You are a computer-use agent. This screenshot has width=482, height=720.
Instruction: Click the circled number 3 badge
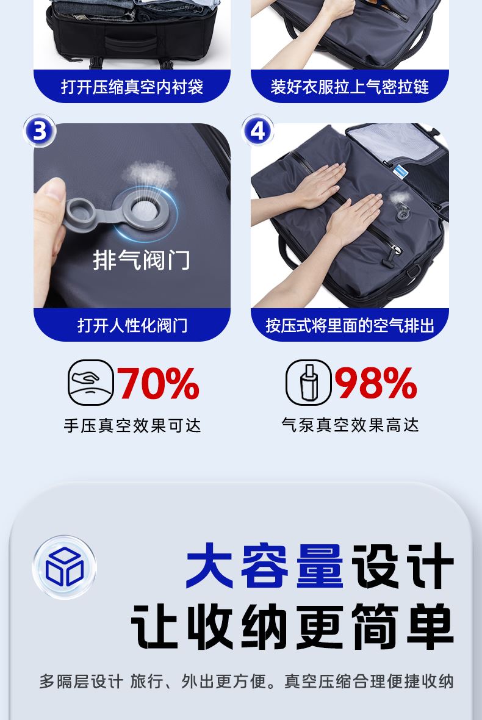[40, 131]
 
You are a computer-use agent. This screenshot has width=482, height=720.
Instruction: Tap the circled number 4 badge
[257, 131]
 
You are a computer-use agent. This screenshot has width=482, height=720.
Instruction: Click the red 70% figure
[158, 383]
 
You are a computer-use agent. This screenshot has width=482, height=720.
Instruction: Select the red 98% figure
[375, 383]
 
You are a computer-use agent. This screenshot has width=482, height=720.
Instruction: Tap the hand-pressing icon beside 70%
[90, 383]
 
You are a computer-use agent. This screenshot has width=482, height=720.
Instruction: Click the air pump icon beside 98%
[309, 383]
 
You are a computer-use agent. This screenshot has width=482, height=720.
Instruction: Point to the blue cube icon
[64, 567]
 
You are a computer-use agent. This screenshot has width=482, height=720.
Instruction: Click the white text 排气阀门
[142, 260]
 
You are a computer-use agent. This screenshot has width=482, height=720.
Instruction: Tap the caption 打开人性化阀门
[132, 325]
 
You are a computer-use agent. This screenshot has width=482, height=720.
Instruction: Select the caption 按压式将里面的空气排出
[350, 325]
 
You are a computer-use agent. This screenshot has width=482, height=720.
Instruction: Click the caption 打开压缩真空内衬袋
[132, 86]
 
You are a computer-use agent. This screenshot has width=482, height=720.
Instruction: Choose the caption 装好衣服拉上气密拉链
[350, 86]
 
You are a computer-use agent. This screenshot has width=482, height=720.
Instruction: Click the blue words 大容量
[264, 565]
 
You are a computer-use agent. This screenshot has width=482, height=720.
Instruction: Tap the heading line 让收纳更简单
[293, 626]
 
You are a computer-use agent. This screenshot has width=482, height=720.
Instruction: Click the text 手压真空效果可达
[132, 426]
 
